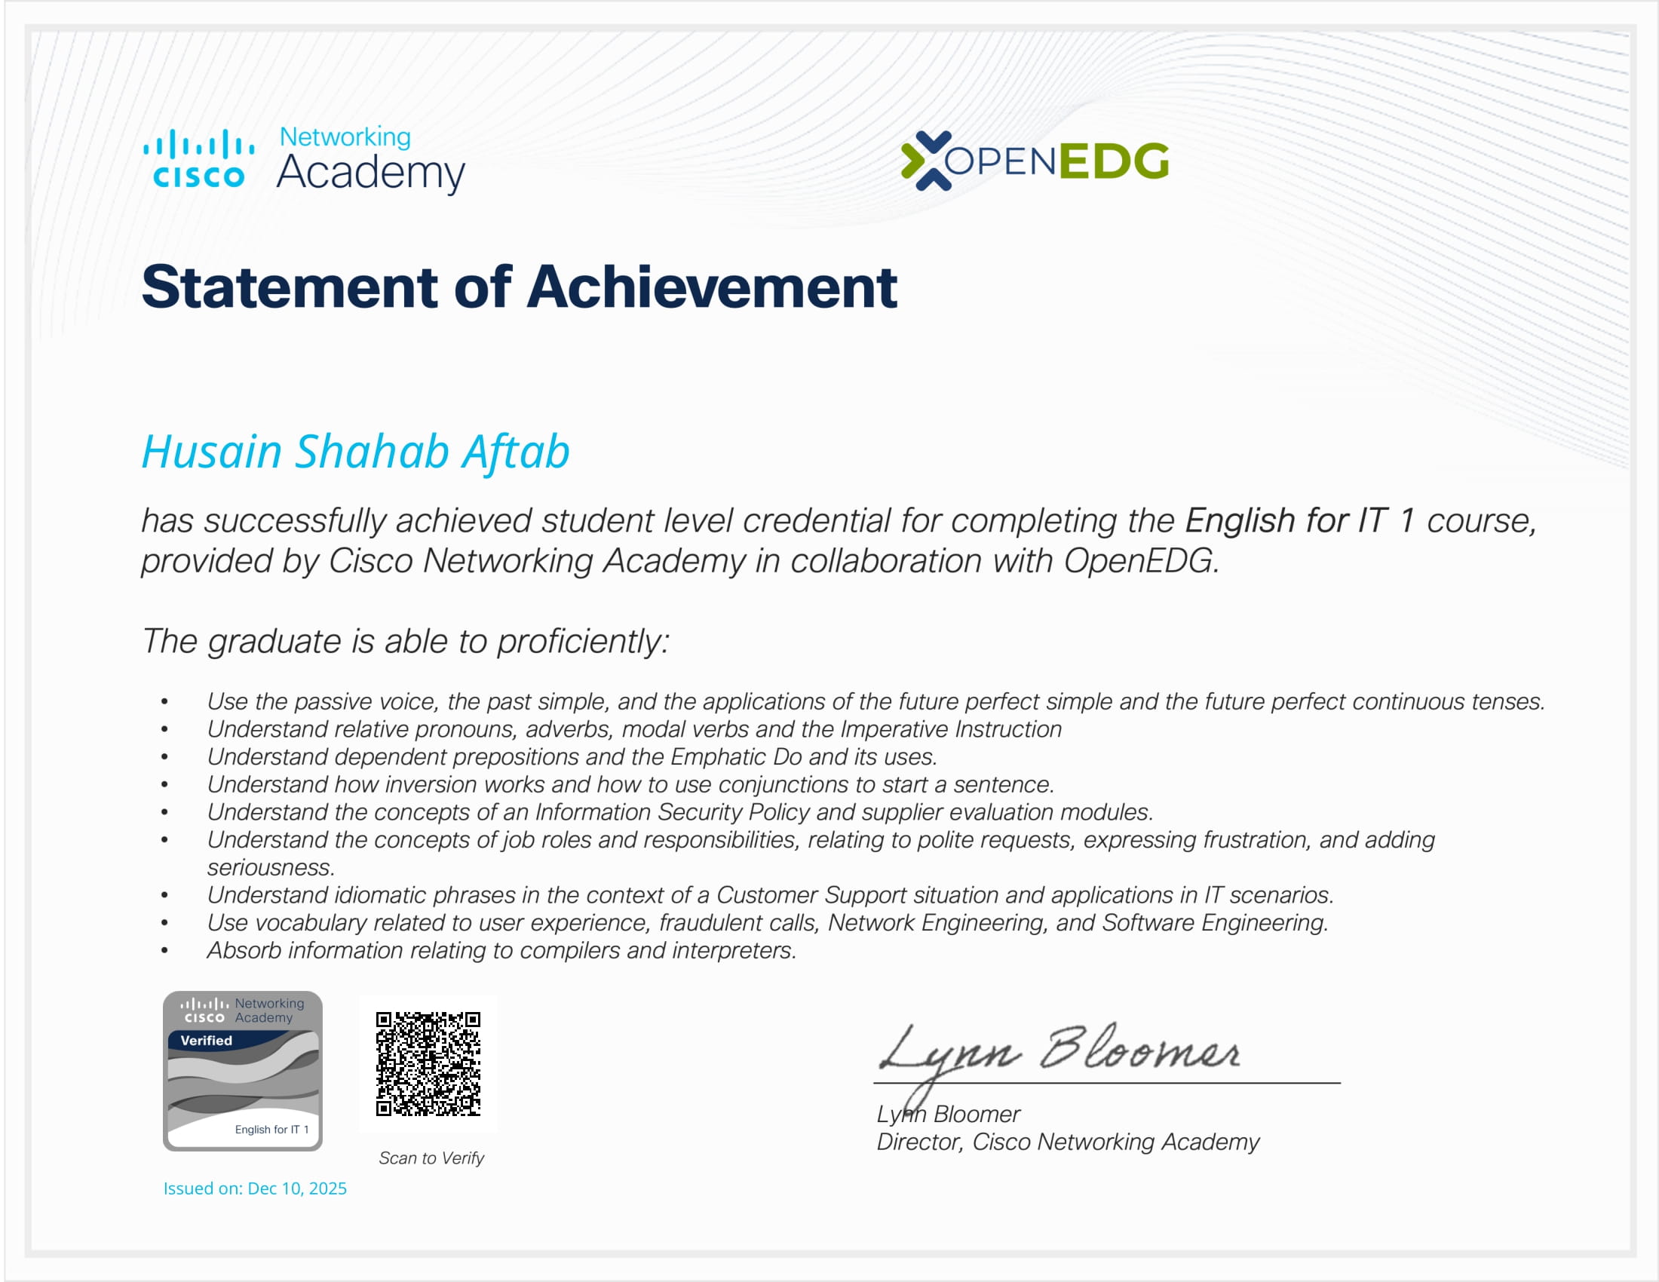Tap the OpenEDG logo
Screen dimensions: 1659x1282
click(x=1035, y=160)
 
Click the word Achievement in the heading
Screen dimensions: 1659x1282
click(x=712, y=287)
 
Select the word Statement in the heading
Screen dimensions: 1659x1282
click(x=290, y=287)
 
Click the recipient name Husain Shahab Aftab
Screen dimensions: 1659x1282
click(x=355, y=452)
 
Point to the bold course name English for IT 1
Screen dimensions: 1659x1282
click(x=1300, y=521)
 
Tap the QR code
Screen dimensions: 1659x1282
click(x=428, y=1063)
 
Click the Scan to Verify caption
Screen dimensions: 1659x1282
click(x=431, y=1158)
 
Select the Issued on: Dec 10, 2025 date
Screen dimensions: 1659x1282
click(x=255, y=1188)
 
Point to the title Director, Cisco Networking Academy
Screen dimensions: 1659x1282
click(x=1068, y=1142)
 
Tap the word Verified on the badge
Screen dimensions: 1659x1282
click(x=207, y=1041)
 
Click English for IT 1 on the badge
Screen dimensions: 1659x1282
click(x=272, y=1130)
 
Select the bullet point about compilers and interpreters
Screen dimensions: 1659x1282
click(x=502, y=951)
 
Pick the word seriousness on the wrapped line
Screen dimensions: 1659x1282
click(x=271, y=867)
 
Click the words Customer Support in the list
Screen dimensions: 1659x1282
click(x=811, y=895)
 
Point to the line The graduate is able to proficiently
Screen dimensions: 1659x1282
click(x=406, y=642)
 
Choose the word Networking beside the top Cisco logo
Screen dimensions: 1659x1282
click(x=345, y=137)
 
